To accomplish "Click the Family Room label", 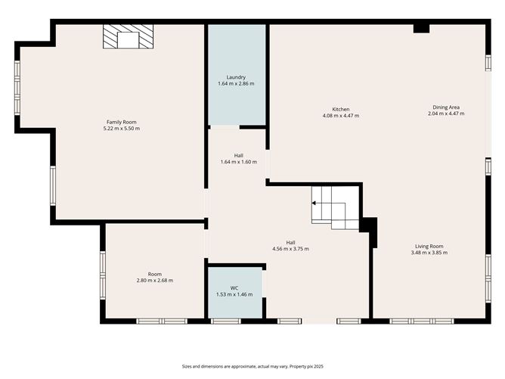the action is [x=122, y=122].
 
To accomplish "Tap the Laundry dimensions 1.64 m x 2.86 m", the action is [x=236, y=83].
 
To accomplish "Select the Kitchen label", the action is [x=341, y=109].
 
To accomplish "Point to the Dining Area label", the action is [x=446, y=107].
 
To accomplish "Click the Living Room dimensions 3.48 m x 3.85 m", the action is [x=429, y=253].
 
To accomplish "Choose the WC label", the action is [x=234, y=288].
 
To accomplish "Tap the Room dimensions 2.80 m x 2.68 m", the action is [x=155, y=281].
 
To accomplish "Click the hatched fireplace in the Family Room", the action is [x=129, y=36].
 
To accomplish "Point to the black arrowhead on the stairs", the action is [x=314, y=203].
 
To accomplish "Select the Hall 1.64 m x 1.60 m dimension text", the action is [x=239, y=162].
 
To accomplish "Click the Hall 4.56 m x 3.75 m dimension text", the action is [x=290, y=249].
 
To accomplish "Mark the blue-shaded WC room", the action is [x=235, y=293].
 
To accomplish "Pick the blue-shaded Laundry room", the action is [x=237, y=74].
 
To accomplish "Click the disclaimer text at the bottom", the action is [x=253, y=366].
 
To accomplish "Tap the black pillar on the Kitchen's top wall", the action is [x=421, y=28].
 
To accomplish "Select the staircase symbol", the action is [x=335, y=208].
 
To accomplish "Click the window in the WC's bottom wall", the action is [x=226, y=321].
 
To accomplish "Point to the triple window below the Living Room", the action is [x=422, y=321].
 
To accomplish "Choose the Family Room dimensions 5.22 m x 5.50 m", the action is [x=122, y=129].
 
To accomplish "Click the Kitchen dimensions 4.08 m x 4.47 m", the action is [x=341, y=116].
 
